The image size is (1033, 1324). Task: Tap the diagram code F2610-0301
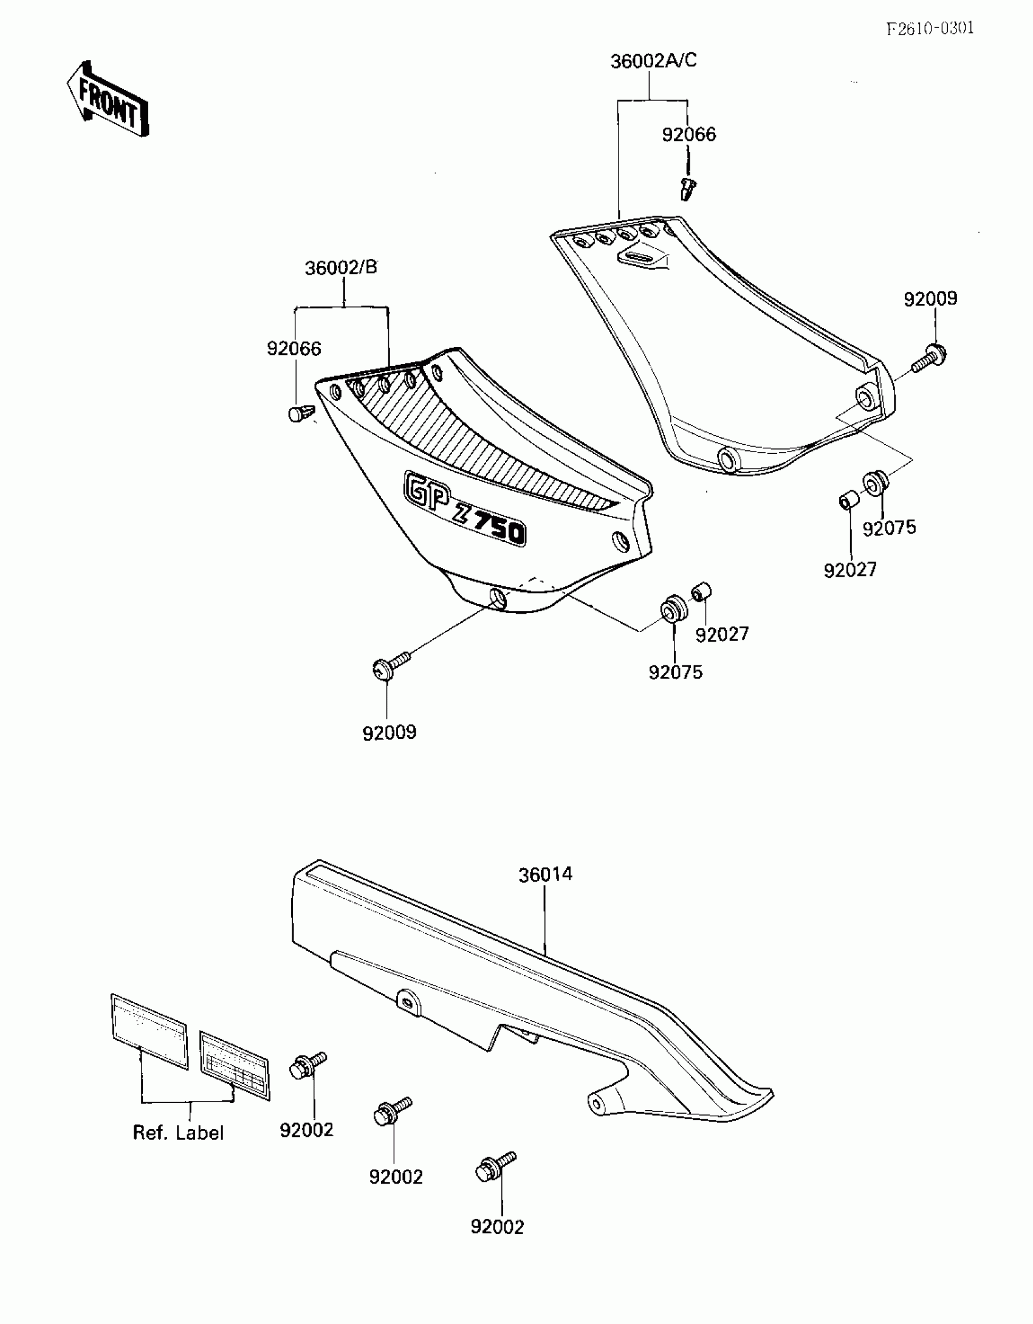[x=930, y=29]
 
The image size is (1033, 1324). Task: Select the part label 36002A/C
[x=653, y=61]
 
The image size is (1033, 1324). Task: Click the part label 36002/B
[x=341, y=267]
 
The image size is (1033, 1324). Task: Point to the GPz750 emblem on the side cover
[x=464, y=509]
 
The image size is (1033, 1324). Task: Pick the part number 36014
[x=545, y=874]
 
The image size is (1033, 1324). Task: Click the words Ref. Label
[x=178, y=1133]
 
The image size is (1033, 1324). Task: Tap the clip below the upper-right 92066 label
[x=687, y=188]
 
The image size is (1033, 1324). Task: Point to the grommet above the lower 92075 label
[x=673, y=609]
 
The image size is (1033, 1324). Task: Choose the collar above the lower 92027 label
[x=702, y=591]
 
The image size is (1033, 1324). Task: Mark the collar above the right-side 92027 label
[x=848, y=502]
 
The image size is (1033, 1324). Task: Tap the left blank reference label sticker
[x=149, y=1031]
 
